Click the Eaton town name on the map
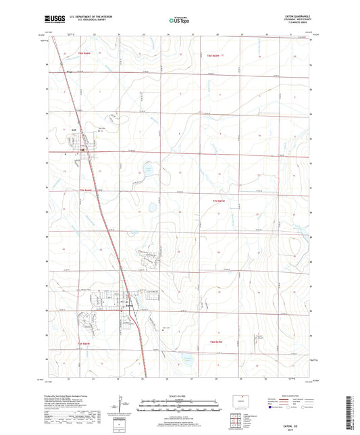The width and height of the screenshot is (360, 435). tap(132, 305)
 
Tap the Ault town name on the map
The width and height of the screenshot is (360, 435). tap(74, 131)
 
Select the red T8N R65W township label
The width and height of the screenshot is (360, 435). tap(214, 54)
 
